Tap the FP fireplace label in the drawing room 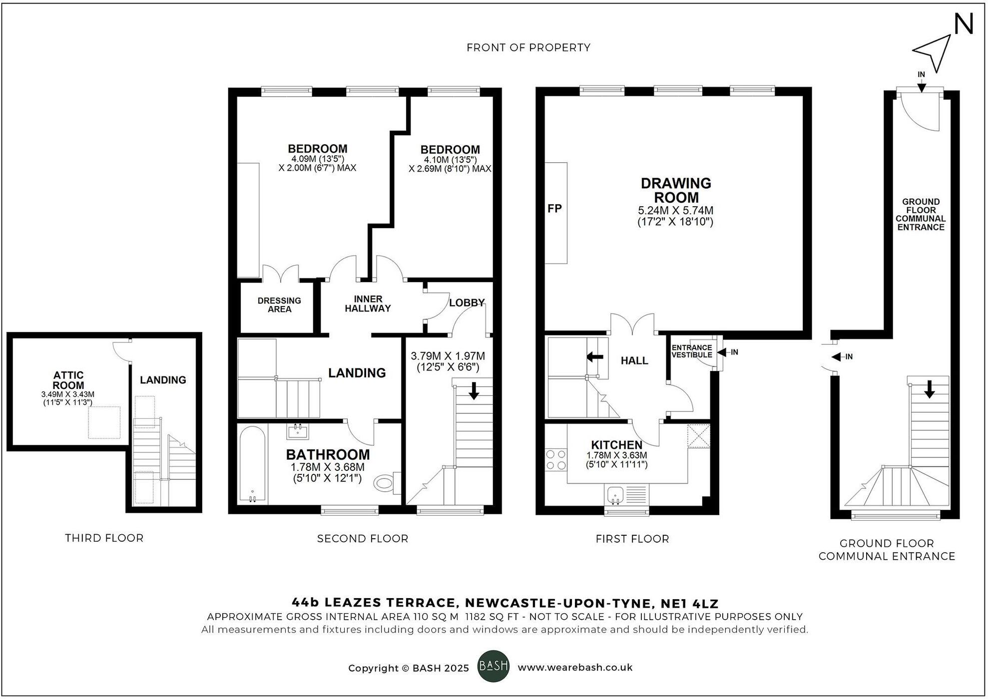click(554, 209)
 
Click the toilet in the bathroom click(386, 482)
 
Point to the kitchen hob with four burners click(556, 460)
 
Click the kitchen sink click(615, 495)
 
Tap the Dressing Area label click(279, 305)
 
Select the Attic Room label click(68, 380)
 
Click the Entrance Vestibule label click(692, 351)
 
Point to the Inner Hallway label click(368, 304)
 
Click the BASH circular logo click(494, 666)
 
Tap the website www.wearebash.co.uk click(575, 668)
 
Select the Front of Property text click(528, 47)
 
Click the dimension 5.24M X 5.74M click(675, 210)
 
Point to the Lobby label click(467, 303)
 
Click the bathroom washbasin click(298, 430)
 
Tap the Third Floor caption click(104, 538)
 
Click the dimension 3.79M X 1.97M click(448, 356)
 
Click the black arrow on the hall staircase click(594, 356)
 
